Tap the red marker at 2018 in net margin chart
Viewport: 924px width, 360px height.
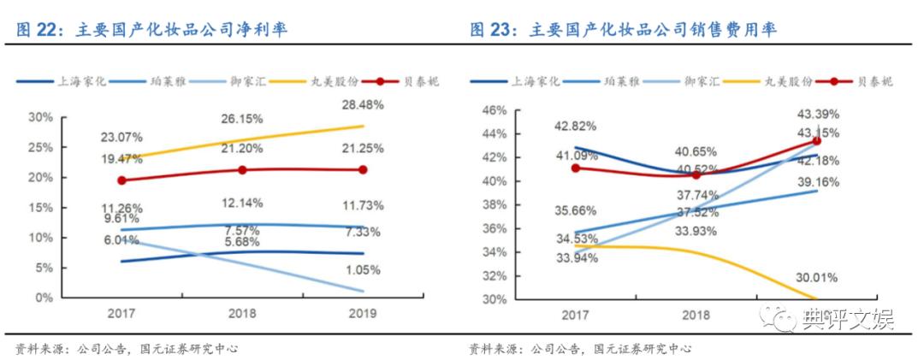pos(242,170)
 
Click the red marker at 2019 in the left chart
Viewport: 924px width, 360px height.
pos(362,170)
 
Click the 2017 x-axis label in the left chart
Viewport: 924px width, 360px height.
pos(121,313)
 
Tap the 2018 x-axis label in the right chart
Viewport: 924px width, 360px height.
pos(696,315)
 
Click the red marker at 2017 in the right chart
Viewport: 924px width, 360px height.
pos(575,168)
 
